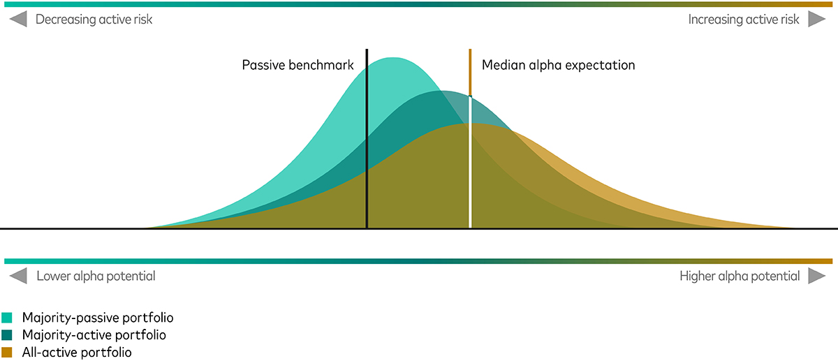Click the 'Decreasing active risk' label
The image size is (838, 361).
tap(94, 20)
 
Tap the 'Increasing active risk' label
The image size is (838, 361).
tap(744, 20)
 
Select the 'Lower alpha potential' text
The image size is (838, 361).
tap(96, 276)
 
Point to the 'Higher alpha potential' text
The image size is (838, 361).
tap(740, 276)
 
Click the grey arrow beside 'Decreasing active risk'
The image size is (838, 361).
tap(18, 19)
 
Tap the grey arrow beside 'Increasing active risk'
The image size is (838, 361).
tap(816, 19)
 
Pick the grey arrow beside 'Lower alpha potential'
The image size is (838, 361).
tap(18, 276)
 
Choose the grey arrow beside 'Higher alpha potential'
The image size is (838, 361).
tap(816, 276)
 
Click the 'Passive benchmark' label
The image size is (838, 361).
tap(297, 65)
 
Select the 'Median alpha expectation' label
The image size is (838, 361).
tap(558, 65)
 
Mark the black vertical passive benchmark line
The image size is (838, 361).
tap(367, 138)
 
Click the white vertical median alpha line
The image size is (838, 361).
tap(470, 163)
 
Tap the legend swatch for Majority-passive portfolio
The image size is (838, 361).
tap(7, 318)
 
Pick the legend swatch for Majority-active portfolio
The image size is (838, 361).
tap(7, 334)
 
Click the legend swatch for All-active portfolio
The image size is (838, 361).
tap(7, 353)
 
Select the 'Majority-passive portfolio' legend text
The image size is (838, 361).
tap(98, 318)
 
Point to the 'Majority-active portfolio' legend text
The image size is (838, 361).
tap(94, 334)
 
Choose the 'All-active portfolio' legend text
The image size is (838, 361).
tap(77, 353)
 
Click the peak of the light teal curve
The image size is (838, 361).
tap(392, 58)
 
